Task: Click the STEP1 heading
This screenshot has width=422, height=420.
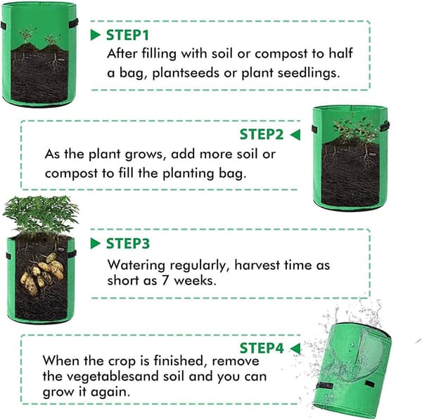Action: coord(127,35)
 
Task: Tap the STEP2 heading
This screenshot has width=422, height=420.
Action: coord(262,134)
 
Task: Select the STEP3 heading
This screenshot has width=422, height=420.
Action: coord(127,244)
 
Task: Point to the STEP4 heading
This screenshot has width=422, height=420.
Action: coord(262,348)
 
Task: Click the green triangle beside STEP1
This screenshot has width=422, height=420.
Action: coord(95,35)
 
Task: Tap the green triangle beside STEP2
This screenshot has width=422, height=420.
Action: coord(295,135)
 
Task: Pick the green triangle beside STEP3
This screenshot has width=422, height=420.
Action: coord(95,244)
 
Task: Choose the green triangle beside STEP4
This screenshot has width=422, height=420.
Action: coord(295,348)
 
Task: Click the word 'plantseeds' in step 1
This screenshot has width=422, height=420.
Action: coord(186,73)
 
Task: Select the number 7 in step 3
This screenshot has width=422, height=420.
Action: coord(165,281)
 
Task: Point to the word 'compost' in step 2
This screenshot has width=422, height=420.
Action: coord(71,174)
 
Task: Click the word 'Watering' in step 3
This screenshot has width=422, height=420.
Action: coord(136,265)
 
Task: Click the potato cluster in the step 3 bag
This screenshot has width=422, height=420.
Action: coord(42,273)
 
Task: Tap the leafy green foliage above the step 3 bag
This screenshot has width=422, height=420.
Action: coord(41,214)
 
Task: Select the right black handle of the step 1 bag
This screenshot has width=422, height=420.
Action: coord(73,23)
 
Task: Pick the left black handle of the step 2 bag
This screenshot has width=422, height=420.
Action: coord(314,129)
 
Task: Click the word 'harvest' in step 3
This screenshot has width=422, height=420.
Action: coord(257,265)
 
